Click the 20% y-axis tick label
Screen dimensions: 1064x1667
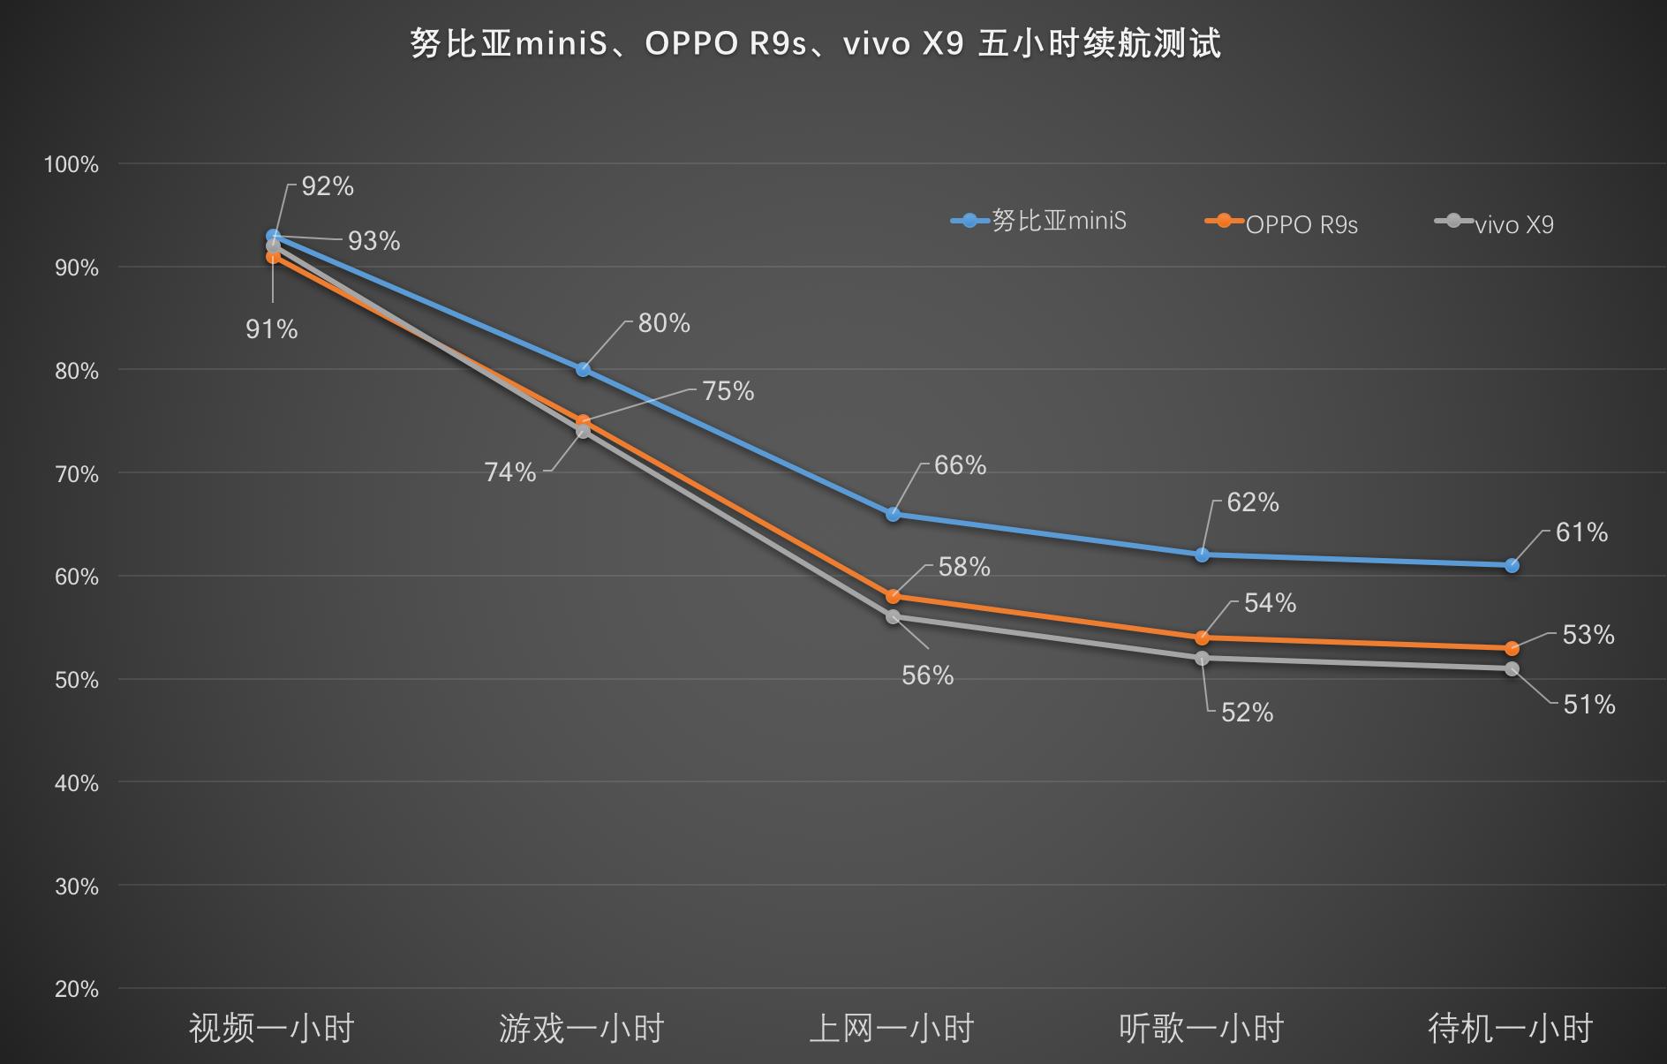click(76, 989)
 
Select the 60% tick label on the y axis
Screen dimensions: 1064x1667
click(76, 577)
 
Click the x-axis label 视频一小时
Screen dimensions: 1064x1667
click(272, 1029)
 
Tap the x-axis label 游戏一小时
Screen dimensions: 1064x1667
click(582, 1029)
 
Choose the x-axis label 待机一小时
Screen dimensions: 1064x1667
click(1511, 1029)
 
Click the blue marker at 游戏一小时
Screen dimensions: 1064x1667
click(583, 369)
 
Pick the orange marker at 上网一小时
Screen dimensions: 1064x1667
click(893, 597)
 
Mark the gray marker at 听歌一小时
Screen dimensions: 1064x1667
click(1202, 659)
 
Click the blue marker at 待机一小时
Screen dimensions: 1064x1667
click(1512, 565)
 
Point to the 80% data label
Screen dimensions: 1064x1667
click(664, 323)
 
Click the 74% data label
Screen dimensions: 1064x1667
click(510, 472)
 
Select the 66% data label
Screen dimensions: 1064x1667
click(960, 465)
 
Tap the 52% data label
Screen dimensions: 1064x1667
click(1247, 713)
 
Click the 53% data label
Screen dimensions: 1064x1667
click(1588, 635)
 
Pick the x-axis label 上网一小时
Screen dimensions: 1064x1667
click(892, 1029)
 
